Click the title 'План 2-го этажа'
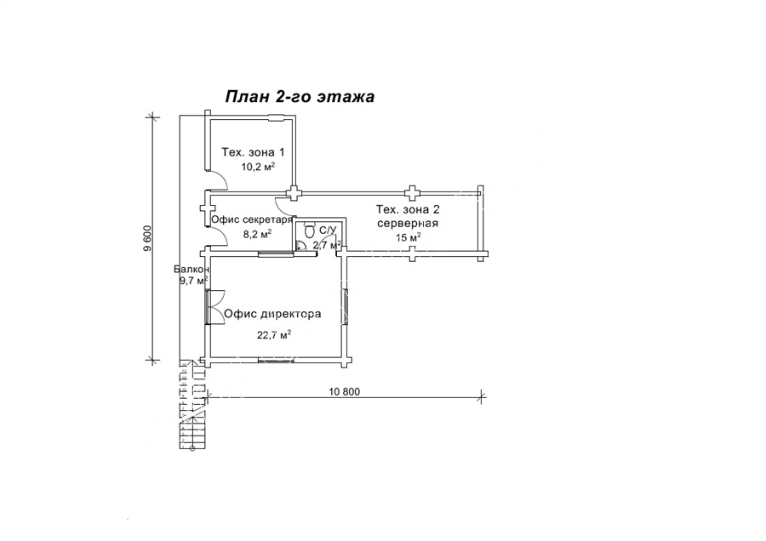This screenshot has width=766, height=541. [x=300, y=97]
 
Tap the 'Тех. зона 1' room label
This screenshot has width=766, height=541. [x=253, y=152]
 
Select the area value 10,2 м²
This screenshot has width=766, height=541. [x=257, y=167]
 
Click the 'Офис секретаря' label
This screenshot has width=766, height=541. [x=252, y=219]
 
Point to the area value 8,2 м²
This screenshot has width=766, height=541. [x=257, y=234]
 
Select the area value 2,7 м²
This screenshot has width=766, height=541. [x=326, y=245]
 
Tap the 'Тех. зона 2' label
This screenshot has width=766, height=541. [x=408, y=210]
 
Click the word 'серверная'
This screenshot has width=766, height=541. [x=408, y=224]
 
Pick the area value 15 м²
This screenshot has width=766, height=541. [x=409, y=238]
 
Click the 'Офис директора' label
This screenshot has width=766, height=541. [x=272, y=314]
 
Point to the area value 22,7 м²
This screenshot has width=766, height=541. [x=274, y=334]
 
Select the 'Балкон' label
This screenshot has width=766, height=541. [x=192, y=270]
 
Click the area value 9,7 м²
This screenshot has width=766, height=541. [x=194, y=280]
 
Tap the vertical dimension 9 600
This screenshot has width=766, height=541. [x=148, y=238]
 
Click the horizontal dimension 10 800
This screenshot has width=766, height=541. [x=345, y=391]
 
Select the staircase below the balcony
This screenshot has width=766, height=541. [x=192, y=404]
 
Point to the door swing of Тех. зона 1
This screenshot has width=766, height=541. [x=218, y=180]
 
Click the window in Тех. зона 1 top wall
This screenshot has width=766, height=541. [x=277, y=117]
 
